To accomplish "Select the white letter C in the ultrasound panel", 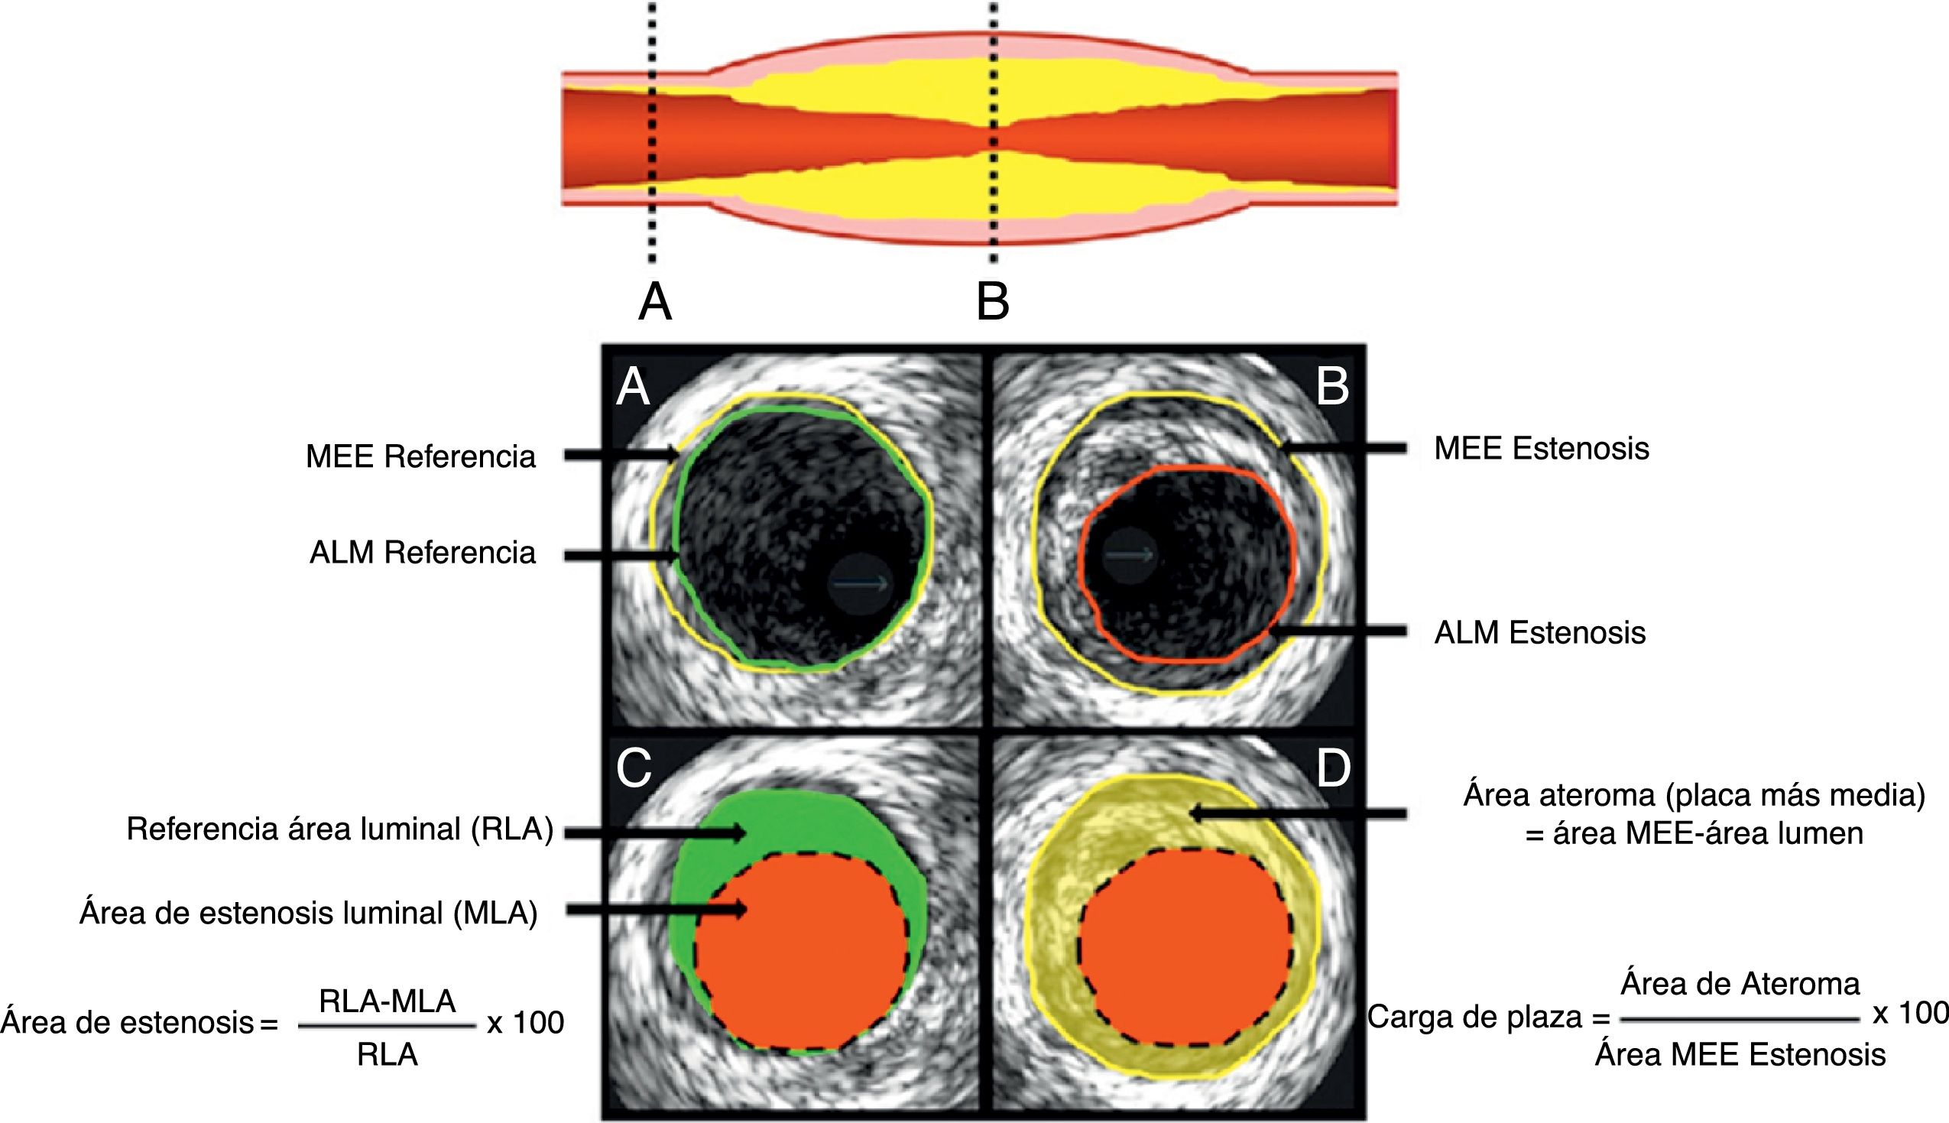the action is point(634,768).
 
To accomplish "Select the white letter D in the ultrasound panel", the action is point(1333,768).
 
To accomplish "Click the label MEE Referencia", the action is point(420,456).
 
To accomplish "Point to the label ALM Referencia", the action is point(423,552).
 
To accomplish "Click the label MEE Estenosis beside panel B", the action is point(1541,448).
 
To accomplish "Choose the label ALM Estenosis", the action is point(1539,632).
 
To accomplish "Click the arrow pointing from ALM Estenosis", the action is point(1338,631).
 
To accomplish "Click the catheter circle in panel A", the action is point(861,584).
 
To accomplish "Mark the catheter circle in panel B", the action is point(1130,554).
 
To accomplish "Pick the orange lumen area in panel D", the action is point(1185,947).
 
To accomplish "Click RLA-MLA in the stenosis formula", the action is point(387,1001).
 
